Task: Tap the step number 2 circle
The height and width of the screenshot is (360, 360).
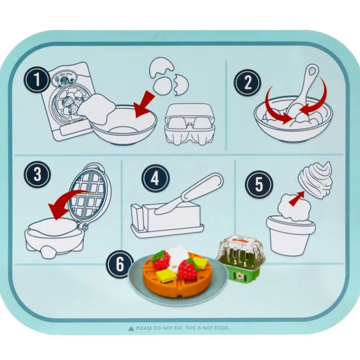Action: click(x=248, y=83)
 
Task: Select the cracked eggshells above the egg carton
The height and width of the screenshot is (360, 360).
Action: click(x=166, y=77)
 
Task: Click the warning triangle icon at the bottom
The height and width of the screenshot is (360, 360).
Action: click(x=131, y=328)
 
